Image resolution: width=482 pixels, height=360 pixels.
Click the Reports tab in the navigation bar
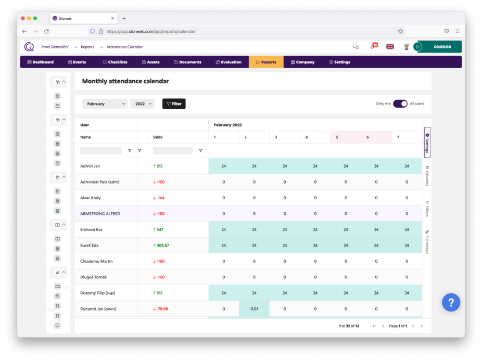tap(266, 62)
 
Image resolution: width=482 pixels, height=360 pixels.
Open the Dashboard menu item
tap(41, 62)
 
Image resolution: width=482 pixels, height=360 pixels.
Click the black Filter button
tap(174, 104)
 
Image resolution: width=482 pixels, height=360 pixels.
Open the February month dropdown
tap(105, 104)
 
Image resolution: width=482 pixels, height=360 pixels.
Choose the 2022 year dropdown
tap(142, 104)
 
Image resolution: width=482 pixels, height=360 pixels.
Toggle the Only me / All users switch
tap(400, 104)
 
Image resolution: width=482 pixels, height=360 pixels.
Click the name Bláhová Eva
tap(91, 229)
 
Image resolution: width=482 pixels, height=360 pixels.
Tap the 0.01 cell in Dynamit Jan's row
tap(254, 309)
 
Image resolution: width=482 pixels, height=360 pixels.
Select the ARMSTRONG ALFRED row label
tap(100, 213)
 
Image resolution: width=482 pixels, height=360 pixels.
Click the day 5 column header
tap(337, 137)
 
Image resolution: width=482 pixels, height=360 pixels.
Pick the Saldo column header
tap(158, 137)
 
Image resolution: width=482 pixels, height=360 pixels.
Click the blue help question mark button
tap(451, 302)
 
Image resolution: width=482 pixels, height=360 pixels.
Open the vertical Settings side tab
tap(427, 142)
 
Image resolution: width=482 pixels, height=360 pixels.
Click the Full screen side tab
tap(427, 242)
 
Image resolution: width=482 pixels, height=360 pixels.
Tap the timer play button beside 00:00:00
tap(417, 46)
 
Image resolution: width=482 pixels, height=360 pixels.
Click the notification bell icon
tap(372, 46)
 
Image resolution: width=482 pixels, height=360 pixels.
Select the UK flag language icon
tap(390, 46)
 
